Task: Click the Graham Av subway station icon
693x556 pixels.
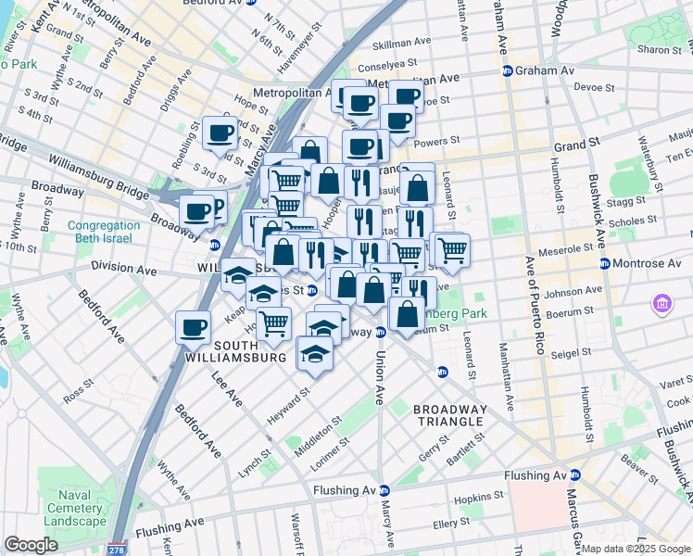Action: click(x=508, y=70)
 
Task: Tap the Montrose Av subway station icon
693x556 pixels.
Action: click(x=605, y=264)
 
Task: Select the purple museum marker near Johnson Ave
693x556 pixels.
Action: click(x=662, y=303)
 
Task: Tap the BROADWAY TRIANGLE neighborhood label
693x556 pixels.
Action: click(x=449, y=415)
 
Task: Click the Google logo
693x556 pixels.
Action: click(x=31, y=545)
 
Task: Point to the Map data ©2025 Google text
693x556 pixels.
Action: click(x=635, y=549)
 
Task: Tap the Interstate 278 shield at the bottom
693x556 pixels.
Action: click(x=117, y=548)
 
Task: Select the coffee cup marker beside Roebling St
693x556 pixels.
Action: click(x=220, y=133)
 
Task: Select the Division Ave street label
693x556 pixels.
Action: click(x=124, y=267)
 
